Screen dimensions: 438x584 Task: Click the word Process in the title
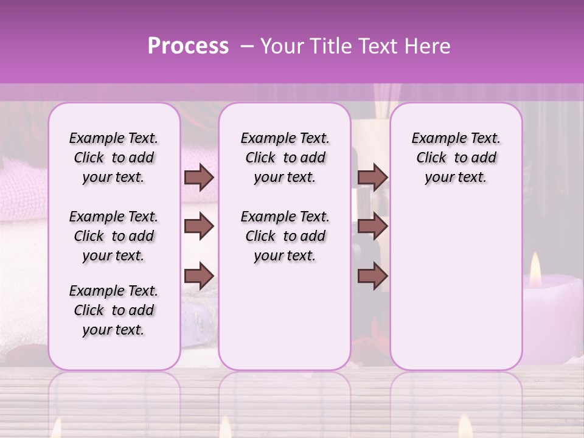click(188, 46)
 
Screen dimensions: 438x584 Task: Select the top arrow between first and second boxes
click(199, 177)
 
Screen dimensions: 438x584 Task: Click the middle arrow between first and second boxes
click(199, 226)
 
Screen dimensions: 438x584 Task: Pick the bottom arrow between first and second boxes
click(199, 275)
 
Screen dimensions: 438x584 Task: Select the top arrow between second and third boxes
click(372, 177)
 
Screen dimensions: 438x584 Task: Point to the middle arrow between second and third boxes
click(372, 226)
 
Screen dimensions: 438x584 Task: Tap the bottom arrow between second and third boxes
click(372, 275)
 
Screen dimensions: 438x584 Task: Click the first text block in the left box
click(114, 158)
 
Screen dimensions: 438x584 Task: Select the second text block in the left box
click(114, 236)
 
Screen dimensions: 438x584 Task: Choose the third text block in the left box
click(114, 310)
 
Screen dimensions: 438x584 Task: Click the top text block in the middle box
click(285, 158)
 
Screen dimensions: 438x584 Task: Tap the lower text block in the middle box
click(285, 236)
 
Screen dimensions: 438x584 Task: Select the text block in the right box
click(456, 158)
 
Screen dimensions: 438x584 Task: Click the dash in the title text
click(247, 46)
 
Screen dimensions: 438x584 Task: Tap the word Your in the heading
click(282, 46)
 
